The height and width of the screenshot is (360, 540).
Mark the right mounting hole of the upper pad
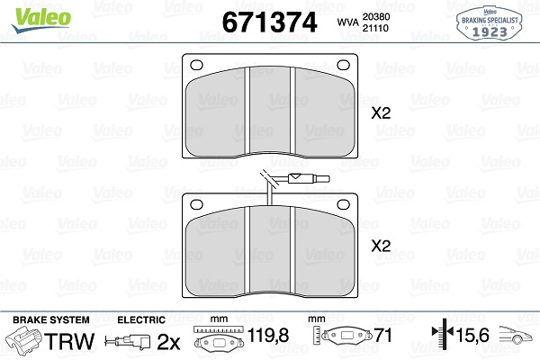(x=343, y=64)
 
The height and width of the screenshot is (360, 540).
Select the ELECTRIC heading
(x=141, y=319)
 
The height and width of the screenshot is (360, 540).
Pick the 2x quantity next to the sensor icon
(x=169, y=341)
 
